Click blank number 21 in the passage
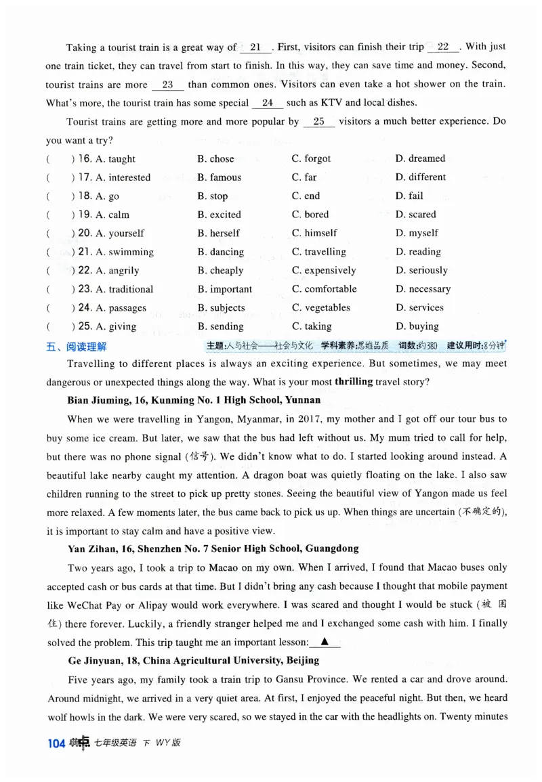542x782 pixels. coord(255,47)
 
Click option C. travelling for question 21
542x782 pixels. coord(318,252)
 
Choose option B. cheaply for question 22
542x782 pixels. coord(220,270)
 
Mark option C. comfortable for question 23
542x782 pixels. coord(324,289)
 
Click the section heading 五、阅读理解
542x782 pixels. coord(77,346)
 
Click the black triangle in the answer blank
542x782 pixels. coord(325,641)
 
